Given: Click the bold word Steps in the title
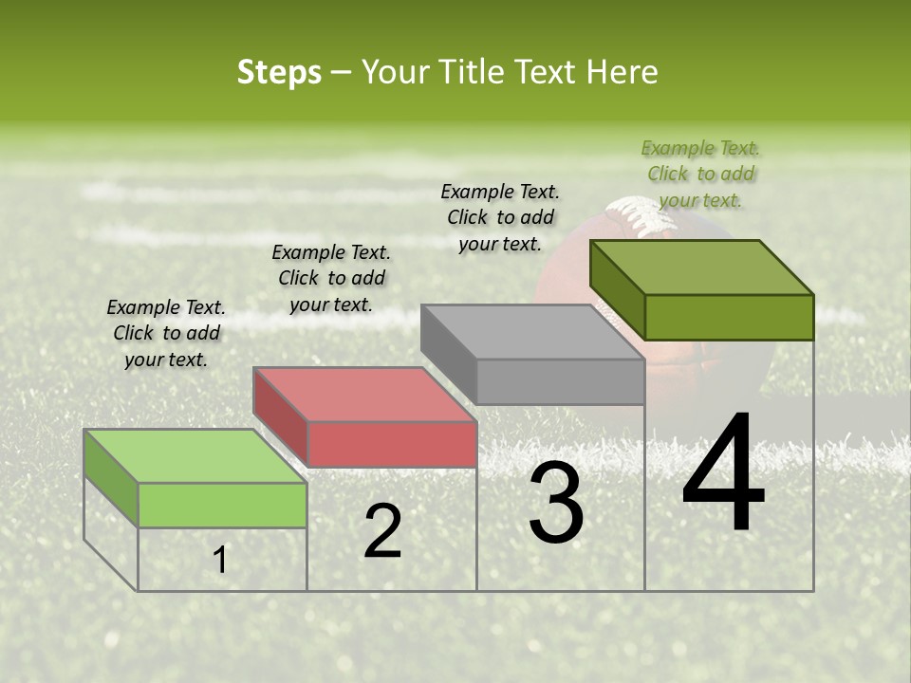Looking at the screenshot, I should coord(279,72).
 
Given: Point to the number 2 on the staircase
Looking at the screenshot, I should coord(382,531).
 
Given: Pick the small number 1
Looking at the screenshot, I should coord(220,561).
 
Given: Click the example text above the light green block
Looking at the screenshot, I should coord(166,333).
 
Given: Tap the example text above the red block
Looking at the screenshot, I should coord(331,278).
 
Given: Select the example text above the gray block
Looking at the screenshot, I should coord(500,217).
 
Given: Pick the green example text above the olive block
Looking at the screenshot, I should coord(700,174).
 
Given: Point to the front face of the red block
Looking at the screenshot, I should coord(392,444).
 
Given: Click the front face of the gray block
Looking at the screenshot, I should coord(561,381).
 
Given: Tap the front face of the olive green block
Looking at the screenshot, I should coord(729,317).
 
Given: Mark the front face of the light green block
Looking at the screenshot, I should coord(223,505).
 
